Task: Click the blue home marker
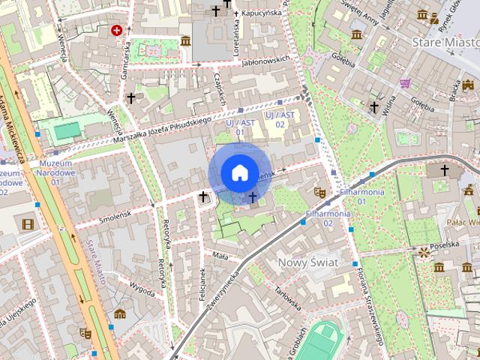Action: [238, 172]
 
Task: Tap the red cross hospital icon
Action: [116, 31]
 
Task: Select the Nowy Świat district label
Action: [308, 262]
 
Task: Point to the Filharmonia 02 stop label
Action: [328, 218]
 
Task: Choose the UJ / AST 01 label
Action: [240, 127]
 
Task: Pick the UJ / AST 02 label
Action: [279, 118]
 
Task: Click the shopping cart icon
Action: [405, 83]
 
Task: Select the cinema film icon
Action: [28, 224]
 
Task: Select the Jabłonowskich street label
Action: [265, 61]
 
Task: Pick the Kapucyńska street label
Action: [260, 13]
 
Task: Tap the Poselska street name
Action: [445, 244]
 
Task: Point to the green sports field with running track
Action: [326, 340]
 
